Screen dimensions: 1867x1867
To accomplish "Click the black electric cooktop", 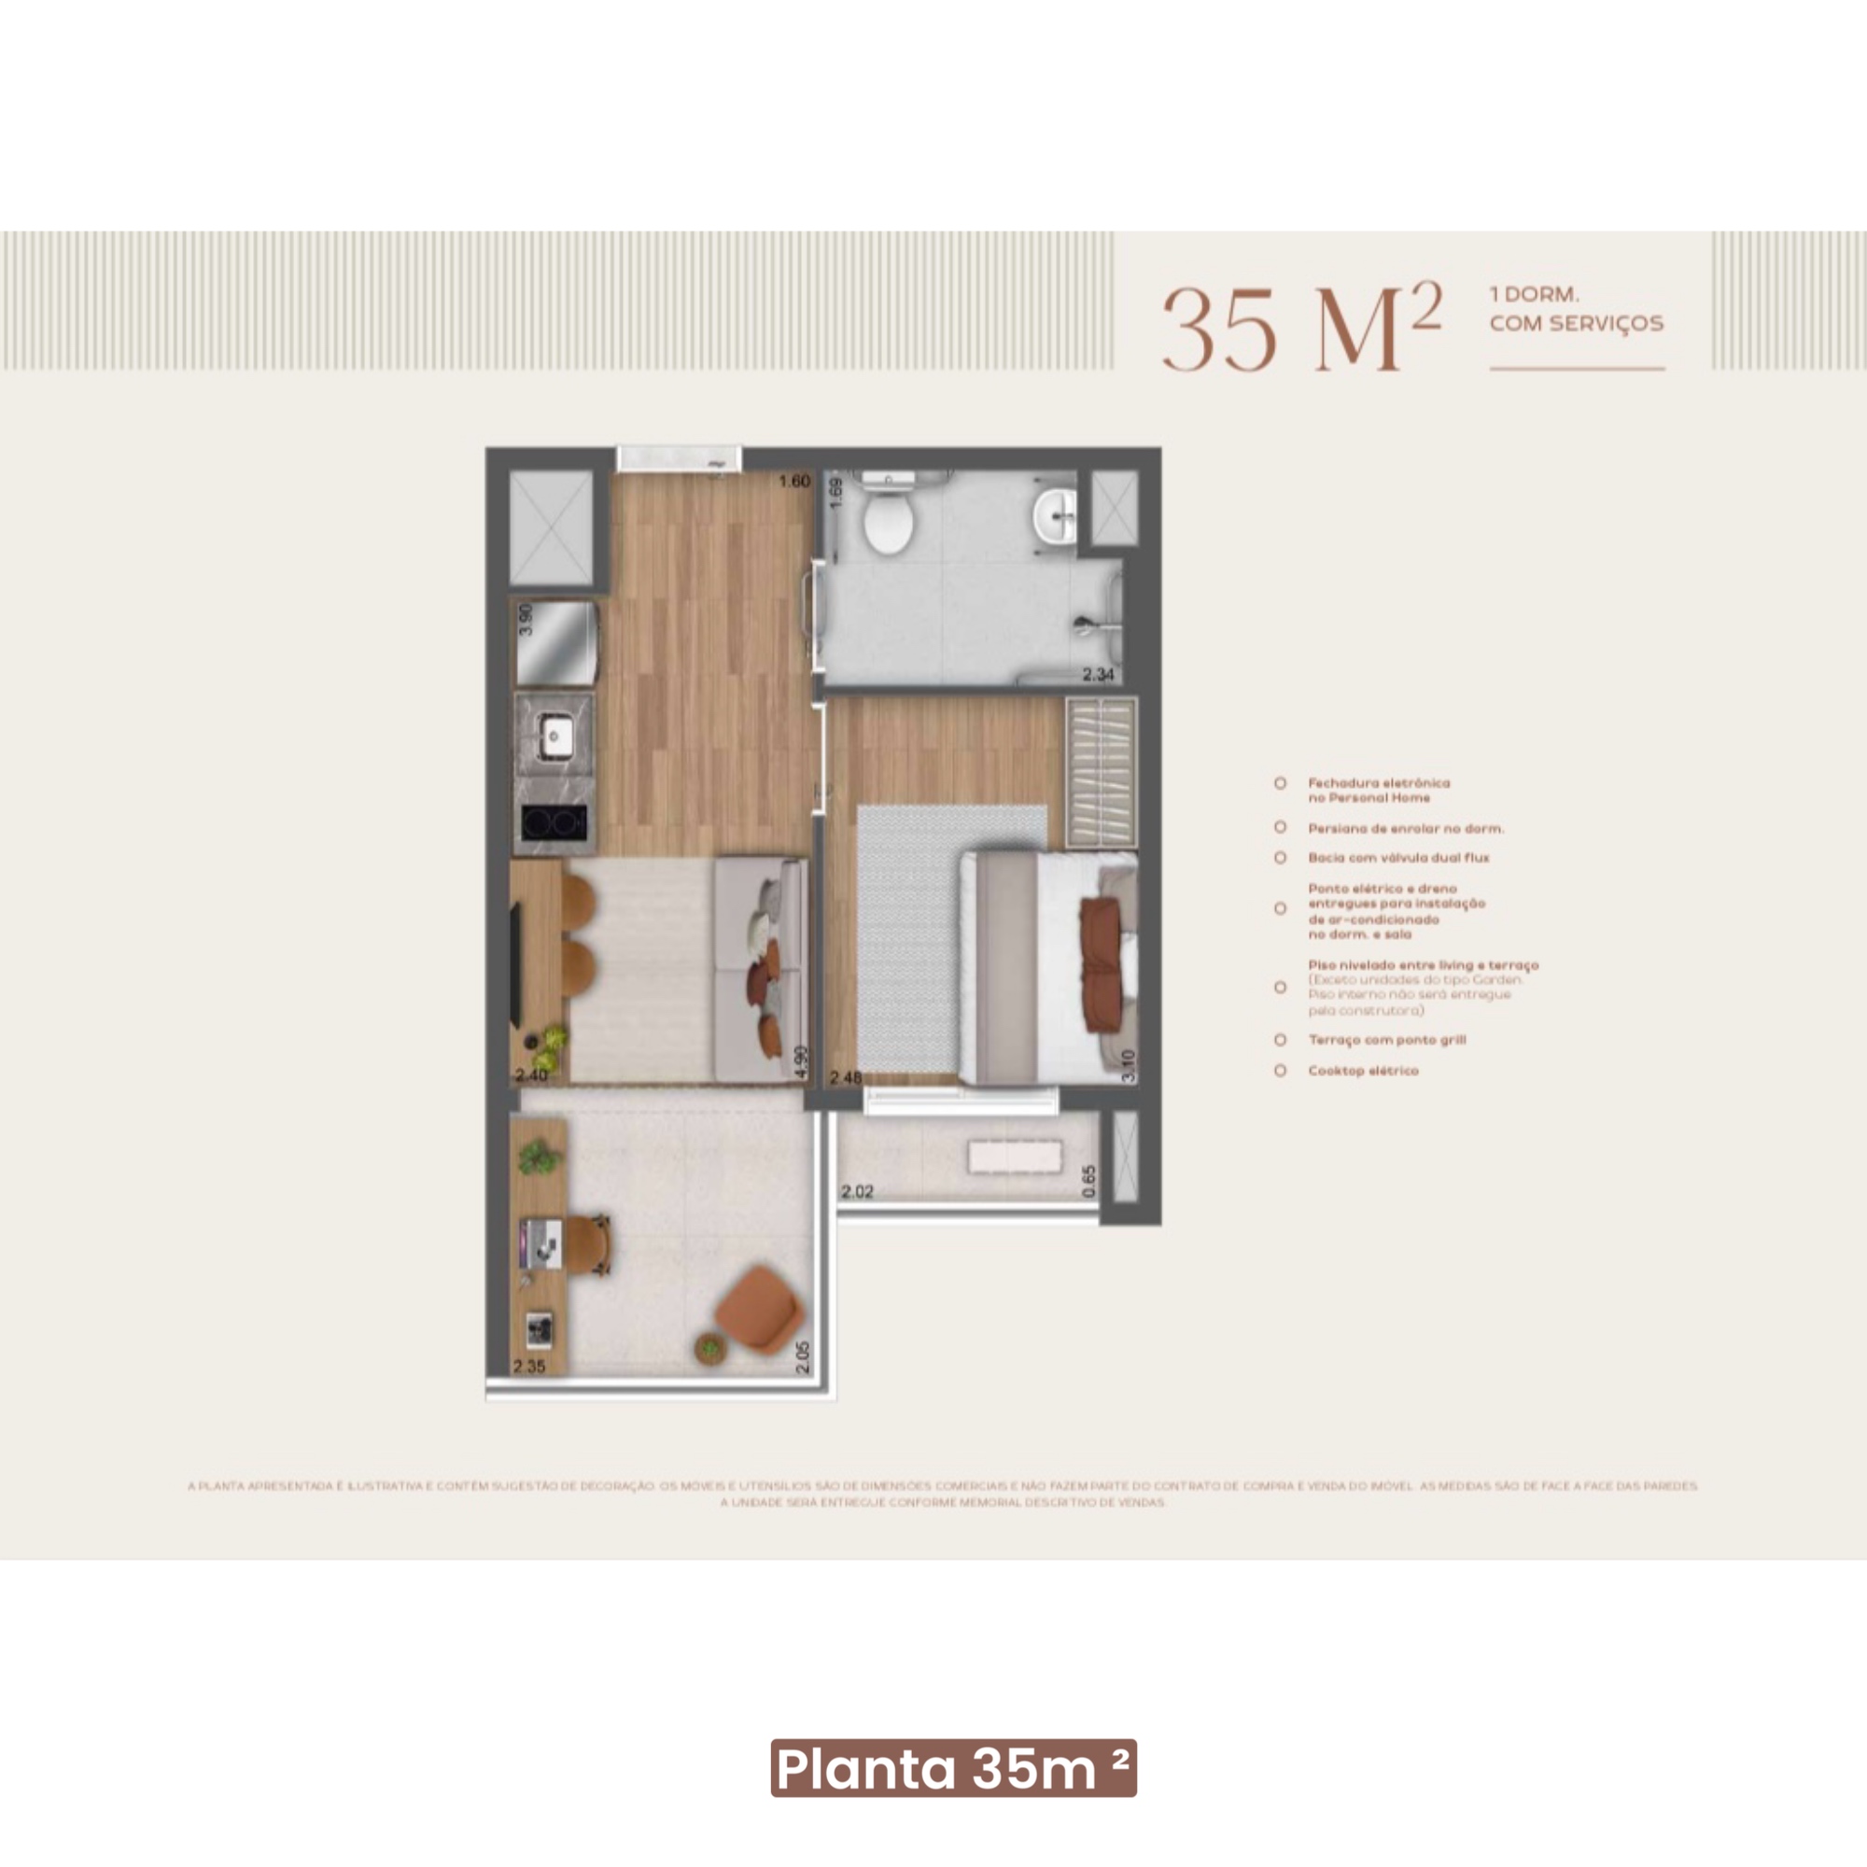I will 554,823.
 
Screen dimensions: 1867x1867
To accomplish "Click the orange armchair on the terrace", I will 760,1311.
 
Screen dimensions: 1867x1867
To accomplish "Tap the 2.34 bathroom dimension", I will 1098,675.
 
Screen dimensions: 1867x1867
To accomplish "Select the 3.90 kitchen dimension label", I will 526,619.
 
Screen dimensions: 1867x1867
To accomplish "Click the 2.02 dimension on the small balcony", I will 857,1191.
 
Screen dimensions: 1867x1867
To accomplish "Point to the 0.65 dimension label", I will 1089,1181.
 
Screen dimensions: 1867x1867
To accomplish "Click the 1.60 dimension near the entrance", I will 794,482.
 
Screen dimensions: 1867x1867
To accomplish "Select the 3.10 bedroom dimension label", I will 1128,1065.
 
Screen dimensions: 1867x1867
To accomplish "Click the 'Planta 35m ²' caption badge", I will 953,1768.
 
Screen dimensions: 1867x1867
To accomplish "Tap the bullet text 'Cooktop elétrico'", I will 1363,1071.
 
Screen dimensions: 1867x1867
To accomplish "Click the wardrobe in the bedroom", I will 1101,772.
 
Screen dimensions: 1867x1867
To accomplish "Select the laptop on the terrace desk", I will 540,1242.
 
